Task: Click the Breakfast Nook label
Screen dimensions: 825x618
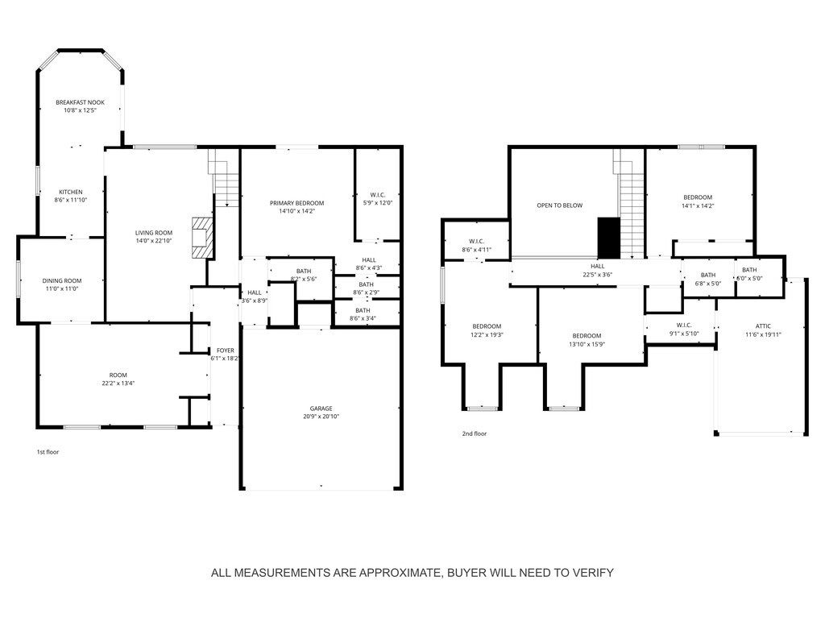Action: tap(81, 102)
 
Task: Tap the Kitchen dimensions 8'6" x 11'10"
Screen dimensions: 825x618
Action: tap(71, 200)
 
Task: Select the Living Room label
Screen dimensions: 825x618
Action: tap(154, 233)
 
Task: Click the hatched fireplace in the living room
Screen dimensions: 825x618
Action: tap(202, 238)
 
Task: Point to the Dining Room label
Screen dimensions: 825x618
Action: tap(62, 280)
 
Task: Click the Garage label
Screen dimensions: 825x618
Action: tap(321, 408)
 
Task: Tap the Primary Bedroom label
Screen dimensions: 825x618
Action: tap(296, 203)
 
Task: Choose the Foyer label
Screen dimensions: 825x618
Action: tap(226, 350)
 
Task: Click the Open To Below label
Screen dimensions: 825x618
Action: tap(560, 205)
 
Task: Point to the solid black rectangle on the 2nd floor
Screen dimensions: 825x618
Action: tap(609, 238)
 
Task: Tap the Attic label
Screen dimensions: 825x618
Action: tap(763, 326)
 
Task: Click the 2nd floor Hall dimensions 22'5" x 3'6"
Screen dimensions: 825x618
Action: tap(598, 275)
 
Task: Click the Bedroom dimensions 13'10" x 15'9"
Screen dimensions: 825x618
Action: tap(587, 344)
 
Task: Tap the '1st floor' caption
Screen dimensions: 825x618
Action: tap(48, 452)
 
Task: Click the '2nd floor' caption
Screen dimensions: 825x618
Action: tap(475, 433)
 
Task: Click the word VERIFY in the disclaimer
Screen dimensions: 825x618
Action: tap(593, 573)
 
